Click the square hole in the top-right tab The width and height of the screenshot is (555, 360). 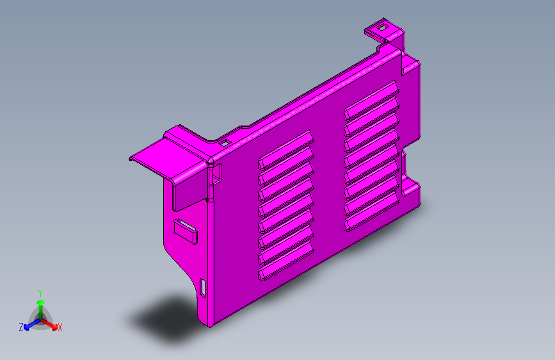coord(382,28)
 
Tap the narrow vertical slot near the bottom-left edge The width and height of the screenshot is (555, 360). coord(203,287)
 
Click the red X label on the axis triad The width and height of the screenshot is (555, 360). coord(60,327)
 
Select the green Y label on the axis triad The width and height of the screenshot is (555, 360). coord(40,292)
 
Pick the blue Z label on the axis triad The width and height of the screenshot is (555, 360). coord(21,327)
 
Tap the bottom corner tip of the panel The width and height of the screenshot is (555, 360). coord(209,323)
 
